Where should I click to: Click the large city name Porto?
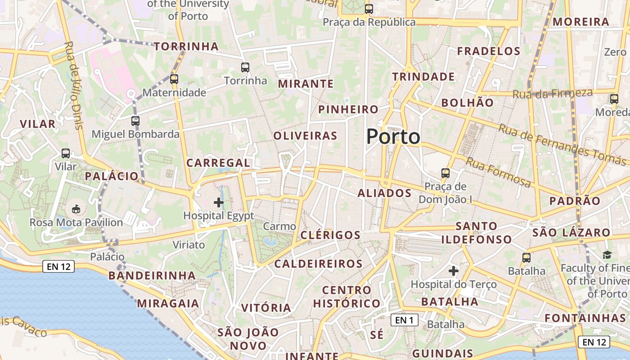[x=393, y=136]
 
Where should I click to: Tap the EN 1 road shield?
[x=405, y=320]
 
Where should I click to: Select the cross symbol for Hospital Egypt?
[x=219, y=202]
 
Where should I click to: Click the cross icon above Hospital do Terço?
[x=454, y=271]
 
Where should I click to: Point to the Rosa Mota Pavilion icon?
[x=76, y=209]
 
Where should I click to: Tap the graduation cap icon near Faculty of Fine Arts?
[x=607, y=255]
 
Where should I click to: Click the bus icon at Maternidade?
[x=174, y=79]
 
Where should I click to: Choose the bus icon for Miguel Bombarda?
[x=135, y=121]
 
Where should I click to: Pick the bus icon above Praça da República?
[x=369, y=9]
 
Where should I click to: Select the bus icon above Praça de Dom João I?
[x=445, y=173]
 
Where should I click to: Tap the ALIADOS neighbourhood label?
[x=384, y=193]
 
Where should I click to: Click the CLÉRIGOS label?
[x=330, y=235]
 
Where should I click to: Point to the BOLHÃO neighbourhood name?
[x=467, y=103]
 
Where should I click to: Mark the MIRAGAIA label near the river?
[x=168, y=303]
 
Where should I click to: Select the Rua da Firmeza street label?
[x=553, y=94]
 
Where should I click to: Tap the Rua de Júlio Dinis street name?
[x=74, y=85]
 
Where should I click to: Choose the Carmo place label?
[x=279, y=226]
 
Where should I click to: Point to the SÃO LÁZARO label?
[x=571, y=233]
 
